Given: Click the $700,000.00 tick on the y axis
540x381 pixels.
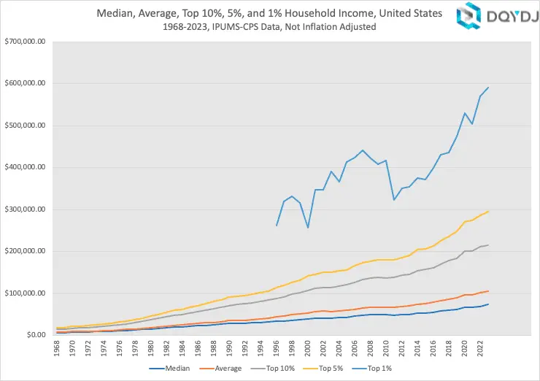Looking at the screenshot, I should click(x=25, y=41).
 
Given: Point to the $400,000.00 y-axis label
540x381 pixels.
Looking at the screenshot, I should click(x=25, y=167).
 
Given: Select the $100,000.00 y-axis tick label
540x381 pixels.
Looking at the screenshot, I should click(x=25, y=293).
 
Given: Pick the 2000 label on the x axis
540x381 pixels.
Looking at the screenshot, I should click(x=308, y=349).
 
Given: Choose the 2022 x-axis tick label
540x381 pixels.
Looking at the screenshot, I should click(x=479, y=349).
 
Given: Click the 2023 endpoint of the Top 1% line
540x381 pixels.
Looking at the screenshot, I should click(x=488, y=88).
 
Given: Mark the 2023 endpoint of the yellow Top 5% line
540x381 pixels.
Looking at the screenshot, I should click(x=488, y=212).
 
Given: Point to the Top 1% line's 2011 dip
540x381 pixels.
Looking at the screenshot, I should click(x=394, y=200).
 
